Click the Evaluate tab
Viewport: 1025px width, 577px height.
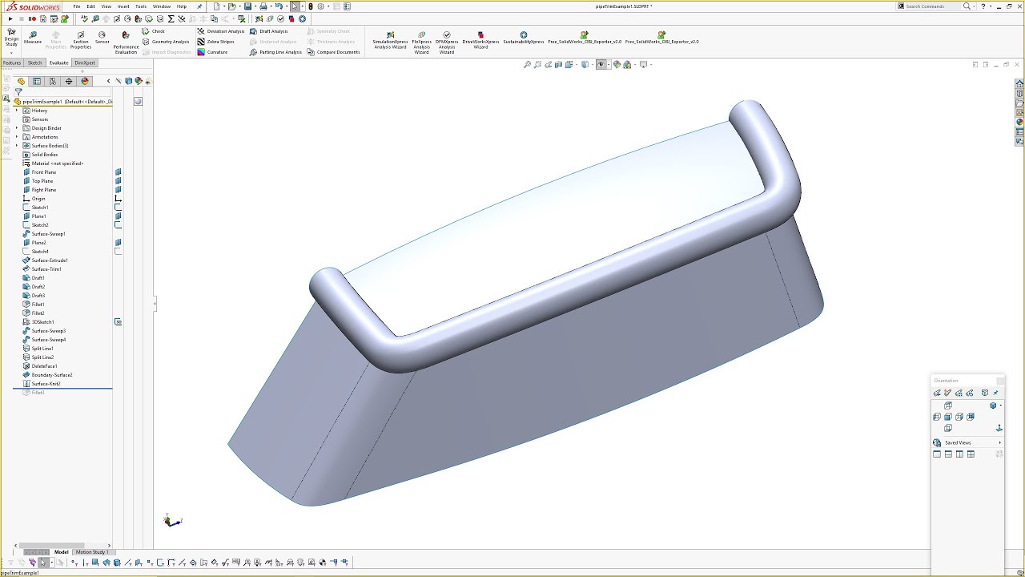click(x=58, y=63)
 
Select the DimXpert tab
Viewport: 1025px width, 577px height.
click(x=84, y=63)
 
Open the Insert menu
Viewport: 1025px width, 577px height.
click(x=123, y=6)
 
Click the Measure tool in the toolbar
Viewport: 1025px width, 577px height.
click(x=33, y=37)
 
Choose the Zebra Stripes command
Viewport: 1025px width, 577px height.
click(x=220, y=42)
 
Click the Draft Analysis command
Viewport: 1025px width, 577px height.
click(x=273, y=31)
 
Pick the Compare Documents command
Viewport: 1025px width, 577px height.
click(x=338, y=52)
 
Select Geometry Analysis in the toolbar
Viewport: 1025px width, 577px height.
click(x=171, y=42)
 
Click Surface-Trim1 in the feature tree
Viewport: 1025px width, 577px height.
click(x=46, y=269)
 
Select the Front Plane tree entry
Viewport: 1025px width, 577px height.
click(x=44, y=172)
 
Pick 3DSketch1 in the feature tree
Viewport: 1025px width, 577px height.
click(x=43, y=322)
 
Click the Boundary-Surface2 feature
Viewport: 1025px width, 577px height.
click(x=52, y=375)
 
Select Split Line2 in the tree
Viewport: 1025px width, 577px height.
click(x=43, y=357)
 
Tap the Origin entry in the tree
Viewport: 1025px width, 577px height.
click(x=38, y=199)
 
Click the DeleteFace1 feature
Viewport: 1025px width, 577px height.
click(x=44, y=366)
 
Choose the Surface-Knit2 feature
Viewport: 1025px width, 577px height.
click(x=46, y=384)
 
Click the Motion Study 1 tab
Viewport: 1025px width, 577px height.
click(x=91, y=552)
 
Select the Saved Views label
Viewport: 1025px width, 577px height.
click(x=958, y=443)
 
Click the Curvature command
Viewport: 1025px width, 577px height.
click(x=217, y=52)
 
